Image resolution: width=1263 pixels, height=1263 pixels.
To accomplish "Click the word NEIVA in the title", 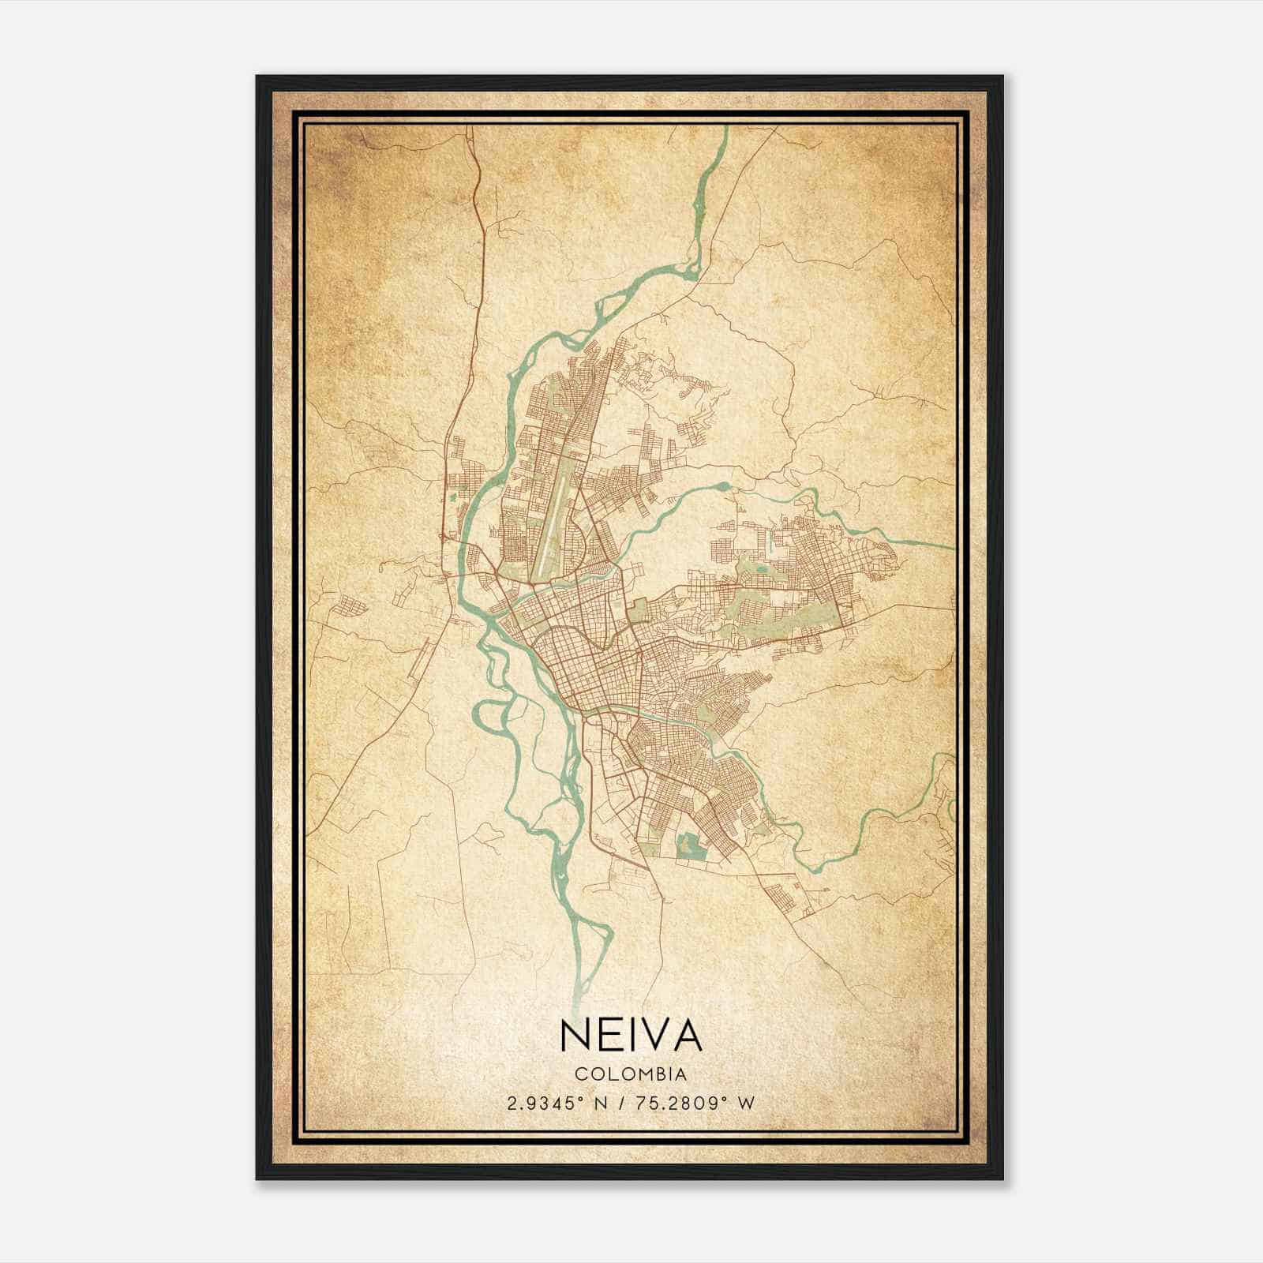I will [631, 1034].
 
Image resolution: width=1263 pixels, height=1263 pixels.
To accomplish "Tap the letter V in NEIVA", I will [652, 1034].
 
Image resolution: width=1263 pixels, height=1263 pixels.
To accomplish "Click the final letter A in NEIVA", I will [687, 1034].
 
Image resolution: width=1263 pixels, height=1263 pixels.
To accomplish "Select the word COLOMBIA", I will [631, 1074].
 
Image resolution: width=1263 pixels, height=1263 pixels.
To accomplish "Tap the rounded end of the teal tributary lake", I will [722, 487].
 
